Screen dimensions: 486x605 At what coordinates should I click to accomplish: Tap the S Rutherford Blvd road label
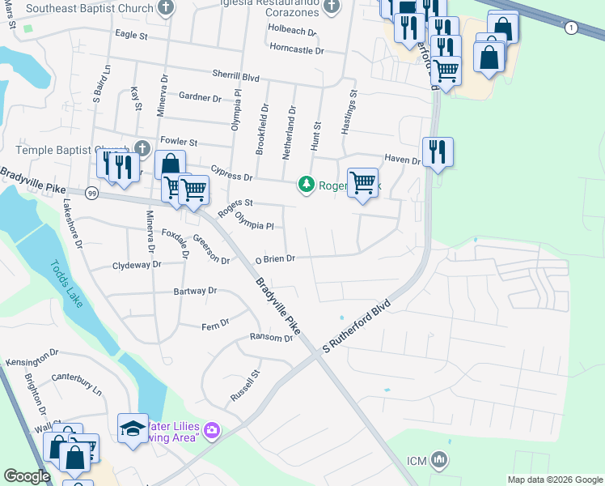pos(357,326)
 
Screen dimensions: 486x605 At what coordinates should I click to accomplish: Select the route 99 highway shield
pos(91,194)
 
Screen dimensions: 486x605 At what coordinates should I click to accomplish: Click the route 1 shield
pos(573,28)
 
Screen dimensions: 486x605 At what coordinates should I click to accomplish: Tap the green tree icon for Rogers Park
pos(307,185)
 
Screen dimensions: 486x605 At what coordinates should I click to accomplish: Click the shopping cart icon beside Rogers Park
pos(363,181)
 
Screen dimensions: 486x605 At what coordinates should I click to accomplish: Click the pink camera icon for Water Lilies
pos(212,429)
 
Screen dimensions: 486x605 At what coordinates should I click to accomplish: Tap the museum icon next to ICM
pos(439,460)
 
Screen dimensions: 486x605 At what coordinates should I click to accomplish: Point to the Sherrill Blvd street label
pos(235,75)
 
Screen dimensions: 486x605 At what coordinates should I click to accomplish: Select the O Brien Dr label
pos(277,259)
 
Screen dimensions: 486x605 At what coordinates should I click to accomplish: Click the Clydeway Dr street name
pos(137,265)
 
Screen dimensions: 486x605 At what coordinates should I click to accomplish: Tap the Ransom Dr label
pos(271,338)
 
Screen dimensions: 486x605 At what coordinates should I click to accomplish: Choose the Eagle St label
pos(132,36)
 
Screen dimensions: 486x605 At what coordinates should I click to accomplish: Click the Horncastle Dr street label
pos(297,50)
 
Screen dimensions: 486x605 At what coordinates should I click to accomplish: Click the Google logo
pos(27,476)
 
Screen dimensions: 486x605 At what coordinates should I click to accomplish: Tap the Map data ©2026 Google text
pos(554,480)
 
